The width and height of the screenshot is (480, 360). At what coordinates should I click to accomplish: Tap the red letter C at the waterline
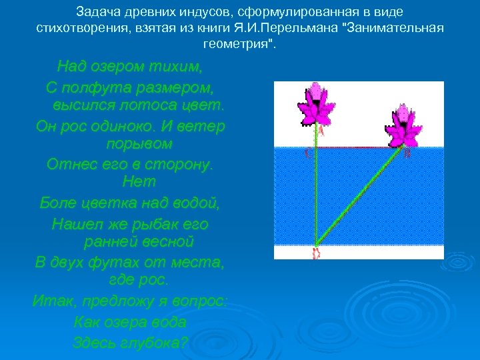(x=307, y=154)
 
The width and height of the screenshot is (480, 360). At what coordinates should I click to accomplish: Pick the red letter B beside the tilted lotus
(x=407, y=153)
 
